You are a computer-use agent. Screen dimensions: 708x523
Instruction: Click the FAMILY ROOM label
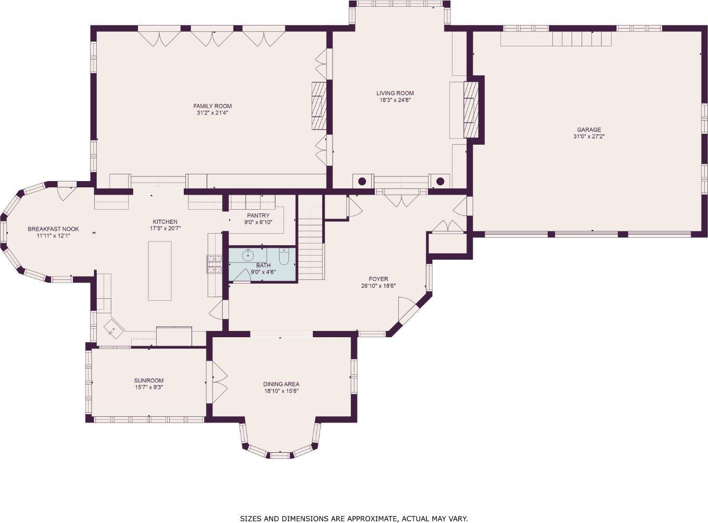[x=212, y=106]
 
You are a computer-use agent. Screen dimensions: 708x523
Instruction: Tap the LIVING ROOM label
[x=395, y=93]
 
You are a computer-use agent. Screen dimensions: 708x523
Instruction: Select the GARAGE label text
[x=589, y=130]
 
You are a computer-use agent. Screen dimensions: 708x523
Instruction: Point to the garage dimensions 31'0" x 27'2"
[x=589, y=136]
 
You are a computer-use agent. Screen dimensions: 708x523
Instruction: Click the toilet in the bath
[x=283, y=257]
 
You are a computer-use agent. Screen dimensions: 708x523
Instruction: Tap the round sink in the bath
[x=248, y=255]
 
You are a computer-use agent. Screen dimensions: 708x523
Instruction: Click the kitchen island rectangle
[x=160, y=271]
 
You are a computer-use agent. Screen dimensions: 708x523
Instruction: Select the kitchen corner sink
[x=113, y=329]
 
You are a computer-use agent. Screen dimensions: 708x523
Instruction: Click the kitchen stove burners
[x=214, y=264]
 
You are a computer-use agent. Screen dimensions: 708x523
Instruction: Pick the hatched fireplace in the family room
[x=319, y=106]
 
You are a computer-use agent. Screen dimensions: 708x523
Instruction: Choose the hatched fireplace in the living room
[x=471, y=110]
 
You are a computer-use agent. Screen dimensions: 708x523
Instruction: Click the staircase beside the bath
[x=311, y=238]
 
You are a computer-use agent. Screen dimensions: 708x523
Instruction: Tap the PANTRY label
[x=258, y=215]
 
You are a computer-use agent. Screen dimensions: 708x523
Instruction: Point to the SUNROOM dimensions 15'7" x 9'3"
[x=149, y=387]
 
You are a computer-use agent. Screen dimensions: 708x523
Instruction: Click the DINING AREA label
[x=281, y=384]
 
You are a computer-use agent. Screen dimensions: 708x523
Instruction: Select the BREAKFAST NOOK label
[x=53, y=229]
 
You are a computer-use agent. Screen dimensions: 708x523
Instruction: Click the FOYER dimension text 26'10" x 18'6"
[x=378, y=286]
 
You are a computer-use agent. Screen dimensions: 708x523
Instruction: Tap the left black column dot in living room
[x=362, y=181]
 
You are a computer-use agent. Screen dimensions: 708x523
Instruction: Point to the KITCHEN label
[x=165, y=222]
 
